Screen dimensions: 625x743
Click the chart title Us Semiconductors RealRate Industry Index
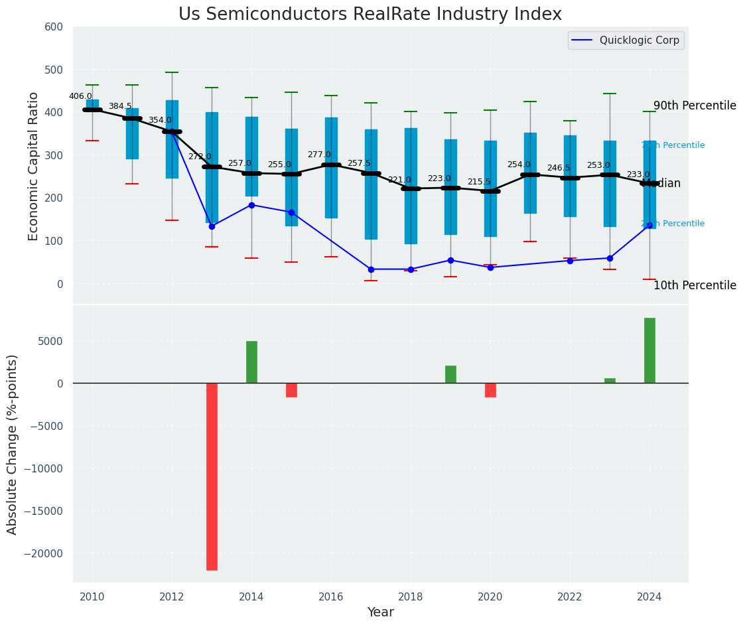370,15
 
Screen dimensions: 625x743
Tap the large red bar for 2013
212,476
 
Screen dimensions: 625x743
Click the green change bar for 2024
649,350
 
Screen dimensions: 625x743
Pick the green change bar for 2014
251,362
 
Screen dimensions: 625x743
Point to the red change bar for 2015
291,390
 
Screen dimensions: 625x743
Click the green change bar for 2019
450,374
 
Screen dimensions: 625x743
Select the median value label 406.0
80,96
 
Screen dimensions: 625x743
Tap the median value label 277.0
319,155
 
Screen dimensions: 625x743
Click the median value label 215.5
479,182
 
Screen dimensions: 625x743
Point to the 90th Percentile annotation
695,106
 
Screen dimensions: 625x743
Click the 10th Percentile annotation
695,286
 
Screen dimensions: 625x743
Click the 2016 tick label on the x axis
331,596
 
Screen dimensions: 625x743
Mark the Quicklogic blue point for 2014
251,205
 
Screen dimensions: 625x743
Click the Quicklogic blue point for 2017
371,269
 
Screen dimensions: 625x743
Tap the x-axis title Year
381,612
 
